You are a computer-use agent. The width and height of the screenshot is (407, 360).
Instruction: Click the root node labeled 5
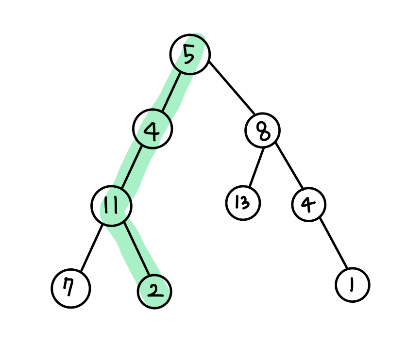coord(190,54)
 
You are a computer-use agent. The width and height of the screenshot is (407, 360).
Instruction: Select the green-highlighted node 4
coord(153,129)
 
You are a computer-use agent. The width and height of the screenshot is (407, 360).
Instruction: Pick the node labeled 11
coord(111,206)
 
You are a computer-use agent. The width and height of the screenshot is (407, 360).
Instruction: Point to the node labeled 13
coord(243,203)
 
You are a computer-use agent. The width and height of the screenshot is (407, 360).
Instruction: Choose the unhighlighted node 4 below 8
coord(309,204)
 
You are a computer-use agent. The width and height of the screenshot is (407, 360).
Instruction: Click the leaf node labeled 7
coord(71,289)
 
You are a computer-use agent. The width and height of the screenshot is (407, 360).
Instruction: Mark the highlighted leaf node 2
coord(154,291)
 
